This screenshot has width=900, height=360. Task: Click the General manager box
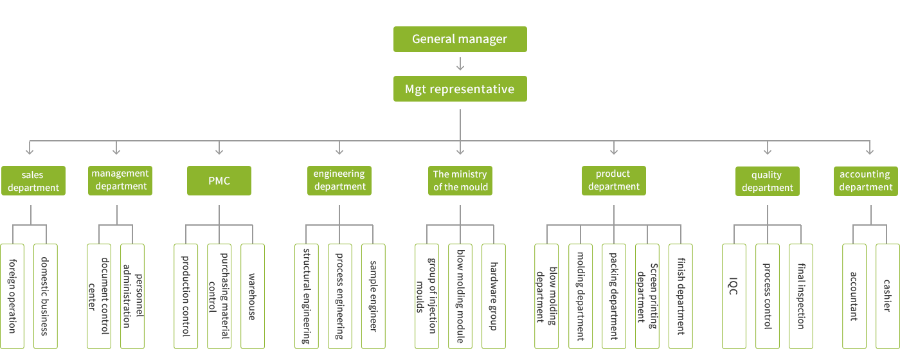pos(460,39)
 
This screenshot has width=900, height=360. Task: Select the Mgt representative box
pos(460,89)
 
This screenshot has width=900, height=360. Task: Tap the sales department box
pos(33,181)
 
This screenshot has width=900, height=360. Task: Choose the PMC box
pos(219,181)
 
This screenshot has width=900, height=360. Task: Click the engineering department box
pos(339,180)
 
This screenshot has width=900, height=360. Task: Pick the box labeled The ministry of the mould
pos(460,181)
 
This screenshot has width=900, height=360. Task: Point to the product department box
pos(613,181)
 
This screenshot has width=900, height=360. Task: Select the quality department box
pos(768,181)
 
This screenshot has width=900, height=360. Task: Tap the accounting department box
pos(865,181)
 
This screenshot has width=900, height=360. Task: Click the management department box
pos(120,180)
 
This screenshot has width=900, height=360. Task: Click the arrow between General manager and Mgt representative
pos(460,64)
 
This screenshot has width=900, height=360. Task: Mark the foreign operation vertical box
pos(12,296)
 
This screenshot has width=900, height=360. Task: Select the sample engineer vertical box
pos(373,296)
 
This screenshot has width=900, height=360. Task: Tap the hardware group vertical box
pos(494,296)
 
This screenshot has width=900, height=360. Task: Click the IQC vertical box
pos(734,296)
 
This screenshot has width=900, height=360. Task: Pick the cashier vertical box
pos(887,296)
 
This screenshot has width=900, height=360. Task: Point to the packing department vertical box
pos(613,296)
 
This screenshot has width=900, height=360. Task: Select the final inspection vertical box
pos(800,296)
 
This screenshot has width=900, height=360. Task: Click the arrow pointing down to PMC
pos(219,149)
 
